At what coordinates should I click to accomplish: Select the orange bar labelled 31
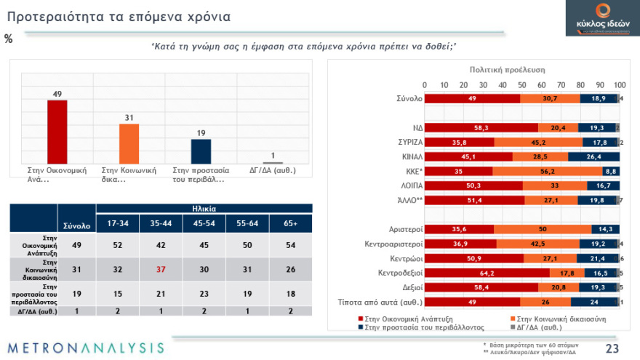[129, 144]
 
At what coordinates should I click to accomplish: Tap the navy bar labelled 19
[201, 151]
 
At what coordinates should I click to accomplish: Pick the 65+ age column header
[290, 223]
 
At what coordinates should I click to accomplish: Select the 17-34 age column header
[117, 223]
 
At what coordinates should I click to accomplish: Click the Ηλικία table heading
[204, 208]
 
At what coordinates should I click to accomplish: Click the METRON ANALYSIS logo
[87, 346]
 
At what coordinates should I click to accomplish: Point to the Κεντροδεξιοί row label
[396, 273]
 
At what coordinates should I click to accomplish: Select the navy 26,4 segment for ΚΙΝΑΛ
[593, 156]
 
